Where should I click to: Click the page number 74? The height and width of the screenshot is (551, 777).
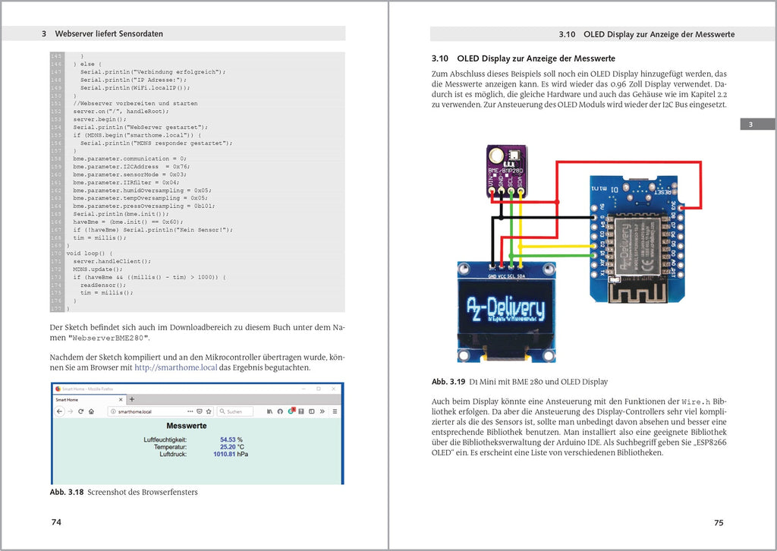[56, 522]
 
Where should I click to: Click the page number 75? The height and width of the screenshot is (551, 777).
[719, 522]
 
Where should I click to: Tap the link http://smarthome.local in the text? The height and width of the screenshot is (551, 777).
[175, 368]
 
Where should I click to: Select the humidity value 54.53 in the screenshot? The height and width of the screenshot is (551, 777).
[228, 439]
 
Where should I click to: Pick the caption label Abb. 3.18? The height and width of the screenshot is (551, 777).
[67, 493]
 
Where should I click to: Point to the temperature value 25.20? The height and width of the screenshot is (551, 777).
[228, 447]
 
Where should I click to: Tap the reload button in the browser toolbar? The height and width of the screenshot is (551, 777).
[81, 411]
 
